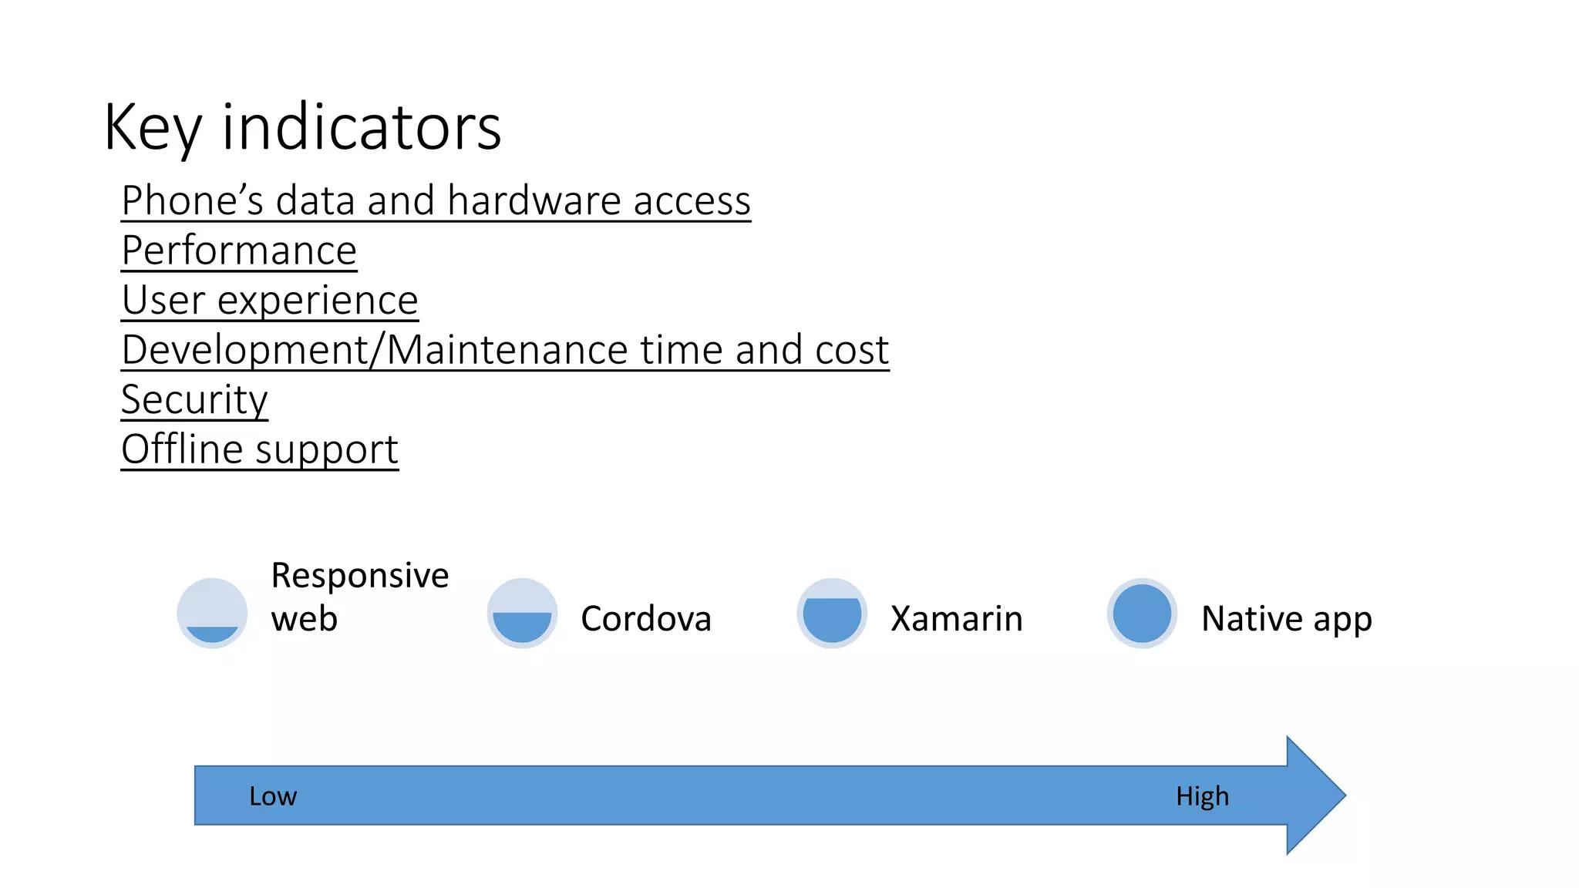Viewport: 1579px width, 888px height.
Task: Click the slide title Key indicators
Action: [302, 127]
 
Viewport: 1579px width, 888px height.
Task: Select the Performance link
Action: [239, 251]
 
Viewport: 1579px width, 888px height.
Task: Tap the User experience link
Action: [270, 300]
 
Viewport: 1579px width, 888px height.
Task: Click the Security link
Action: [194, 399]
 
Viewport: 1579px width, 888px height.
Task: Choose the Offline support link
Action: [260, 449]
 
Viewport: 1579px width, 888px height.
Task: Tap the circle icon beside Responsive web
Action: [212, 613]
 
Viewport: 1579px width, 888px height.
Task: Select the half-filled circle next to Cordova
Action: [522, 613]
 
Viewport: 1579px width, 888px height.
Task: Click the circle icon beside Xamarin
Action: [832, 613]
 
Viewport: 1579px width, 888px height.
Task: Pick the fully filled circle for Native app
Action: [1142, 613]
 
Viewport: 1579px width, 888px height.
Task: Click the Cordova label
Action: [645, 618]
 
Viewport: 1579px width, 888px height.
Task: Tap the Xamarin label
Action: [956, 618]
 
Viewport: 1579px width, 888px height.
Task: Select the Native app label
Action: [1286, 618]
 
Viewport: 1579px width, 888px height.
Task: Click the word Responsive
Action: [359, 576]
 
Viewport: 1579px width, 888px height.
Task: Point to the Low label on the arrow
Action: [272, 795]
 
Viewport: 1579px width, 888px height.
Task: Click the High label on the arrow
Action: [1202, 795]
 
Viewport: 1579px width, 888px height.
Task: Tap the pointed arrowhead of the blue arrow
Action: [1318, 795]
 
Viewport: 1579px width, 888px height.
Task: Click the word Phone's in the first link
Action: [192, 201]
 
